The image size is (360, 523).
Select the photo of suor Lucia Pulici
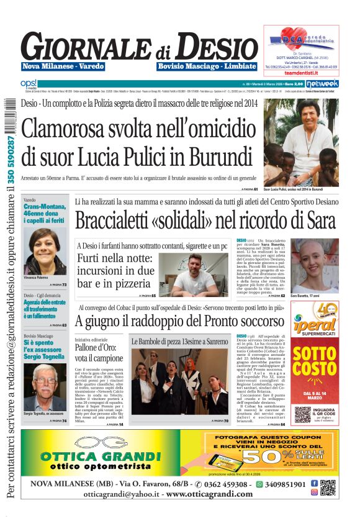(x=301, y=142)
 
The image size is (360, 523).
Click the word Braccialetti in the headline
(x=117, y=220)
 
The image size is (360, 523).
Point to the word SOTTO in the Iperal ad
(x=315, y=355)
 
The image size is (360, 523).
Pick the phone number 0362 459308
(x=227, y=484)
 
